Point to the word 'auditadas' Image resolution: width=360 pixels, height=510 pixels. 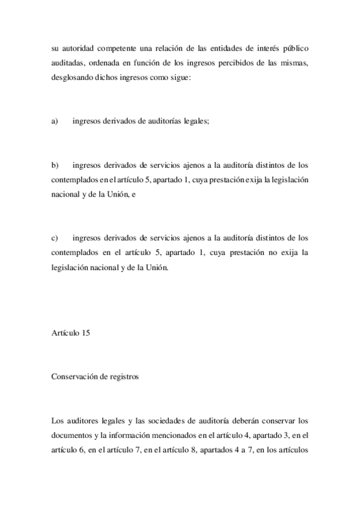point(68,64)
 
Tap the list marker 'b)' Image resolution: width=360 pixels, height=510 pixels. point(54,164)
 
